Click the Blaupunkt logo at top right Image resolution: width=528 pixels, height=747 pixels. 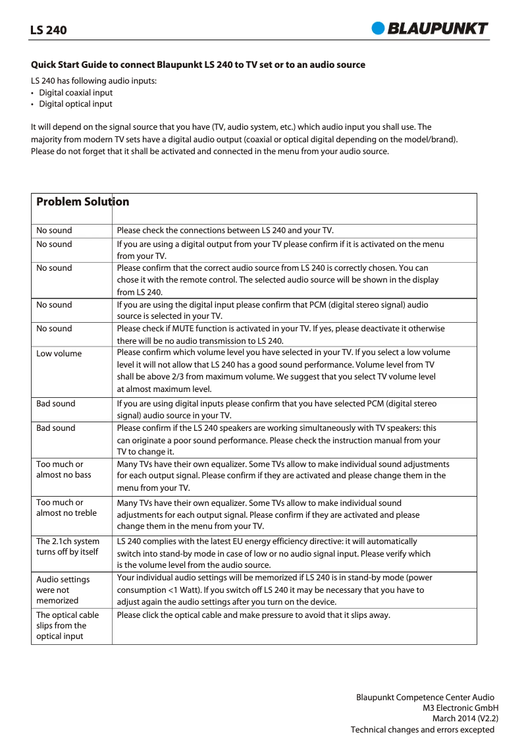(430, 28)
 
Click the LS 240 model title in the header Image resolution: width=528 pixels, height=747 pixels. (49, 30)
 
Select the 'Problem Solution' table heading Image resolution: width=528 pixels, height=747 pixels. (82, 202)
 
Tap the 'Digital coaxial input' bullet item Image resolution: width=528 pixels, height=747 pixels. (76, 93)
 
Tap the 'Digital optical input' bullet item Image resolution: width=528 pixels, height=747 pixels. (76, 104)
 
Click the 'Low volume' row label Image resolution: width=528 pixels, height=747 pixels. (59, 354)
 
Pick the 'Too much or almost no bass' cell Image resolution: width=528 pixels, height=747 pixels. (64, 470)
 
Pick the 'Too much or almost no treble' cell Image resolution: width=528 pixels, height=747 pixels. (66, 508)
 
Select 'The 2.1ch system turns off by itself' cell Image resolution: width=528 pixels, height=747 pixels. (68, 547)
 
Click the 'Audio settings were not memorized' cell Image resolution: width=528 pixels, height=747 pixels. (63, 590)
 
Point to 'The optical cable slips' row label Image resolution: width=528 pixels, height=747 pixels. (68, 625)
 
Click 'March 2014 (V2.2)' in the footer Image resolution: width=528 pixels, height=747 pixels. (464, 719)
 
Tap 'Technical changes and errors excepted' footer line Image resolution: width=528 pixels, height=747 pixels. (422, 730)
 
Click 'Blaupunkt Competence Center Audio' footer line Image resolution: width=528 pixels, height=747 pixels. (425, 697)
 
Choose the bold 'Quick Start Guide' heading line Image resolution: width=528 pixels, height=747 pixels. (198, 65)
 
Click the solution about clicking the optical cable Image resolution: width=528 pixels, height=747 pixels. (253, 615)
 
